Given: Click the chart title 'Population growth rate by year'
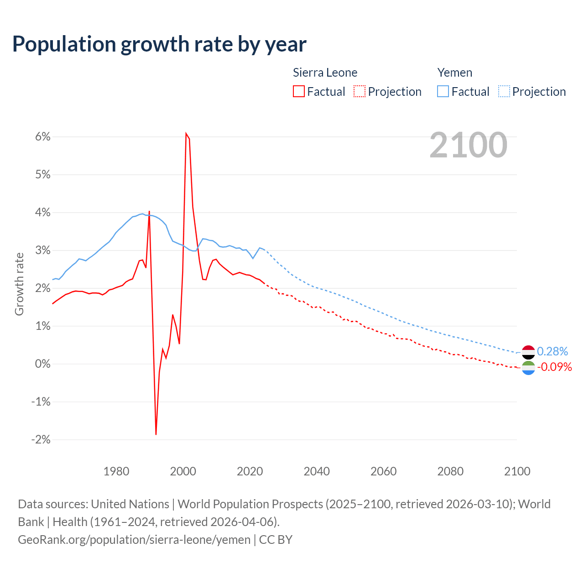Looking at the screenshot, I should pos(159,44).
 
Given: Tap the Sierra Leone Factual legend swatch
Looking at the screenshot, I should pos(299,91).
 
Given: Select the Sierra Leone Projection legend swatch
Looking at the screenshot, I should pos(360,91).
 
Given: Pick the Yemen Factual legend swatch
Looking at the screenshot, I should pos(443,91).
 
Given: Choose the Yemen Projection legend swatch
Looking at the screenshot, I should pos(504,91).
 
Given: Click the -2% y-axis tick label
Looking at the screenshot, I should pos(41,440).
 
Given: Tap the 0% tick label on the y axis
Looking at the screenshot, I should pos(42,364).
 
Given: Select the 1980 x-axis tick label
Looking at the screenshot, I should pos(116,471).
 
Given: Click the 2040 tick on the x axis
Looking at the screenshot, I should pos(317,471).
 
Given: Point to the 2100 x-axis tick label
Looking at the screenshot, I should pos(517,471).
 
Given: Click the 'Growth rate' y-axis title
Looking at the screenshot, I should pos(19,284).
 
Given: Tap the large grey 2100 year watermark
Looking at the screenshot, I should pos(468,145).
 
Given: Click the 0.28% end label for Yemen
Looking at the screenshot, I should pos(553,351).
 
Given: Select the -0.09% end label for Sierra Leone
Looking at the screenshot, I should pos(554,367).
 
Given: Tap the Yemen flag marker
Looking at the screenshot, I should pos(528,352).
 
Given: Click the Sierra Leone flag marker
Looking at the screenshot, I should pos(528,368).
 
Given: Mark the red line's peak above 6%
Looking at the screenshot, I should pos(186,134).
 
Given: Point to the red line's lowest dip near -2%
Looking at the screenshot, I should pos(156,434).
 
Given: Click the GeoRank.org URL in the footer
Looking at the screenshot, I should pos(134,540).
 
